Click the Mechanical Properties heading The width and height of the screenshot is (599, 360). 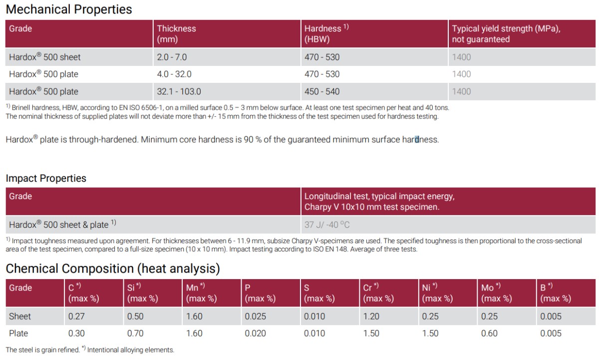click(69, 9)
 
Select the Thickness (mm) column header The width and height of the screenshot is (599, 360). click(176, 34)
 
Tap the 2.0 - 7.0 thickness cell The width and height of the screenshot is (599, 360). click(172, 57)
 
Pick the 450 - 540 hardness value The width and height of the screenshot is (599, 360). click(321, 91)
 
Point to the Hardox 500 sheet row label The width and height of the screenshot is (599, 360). click(44, 57)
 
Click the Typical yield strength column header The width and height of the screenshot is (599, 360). click(506, 34)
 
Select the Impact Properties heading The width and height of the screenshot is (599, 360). click(46, 178)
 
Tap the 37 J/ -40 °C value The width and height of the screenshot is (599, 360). click(327, 225)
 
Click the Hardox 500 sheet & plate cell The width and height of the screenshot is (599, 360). click(62, 225)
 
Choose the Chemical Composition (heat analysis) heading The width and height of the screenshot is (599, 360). click(113, 269)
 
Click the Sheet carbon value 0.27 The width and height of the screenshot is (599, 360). click(76, 316)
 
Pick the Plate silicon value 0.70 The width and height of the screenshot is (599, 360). click(135, 333)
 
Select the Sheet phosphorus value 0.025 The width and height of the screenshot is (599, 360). click(255, 316)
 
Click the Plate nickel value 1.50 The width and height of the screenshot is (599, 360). click(430, 333)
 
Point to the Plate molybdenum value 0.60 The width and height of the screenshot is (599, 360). click(489, 333)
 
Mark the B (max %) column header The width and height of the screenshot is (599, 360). click(555, 293)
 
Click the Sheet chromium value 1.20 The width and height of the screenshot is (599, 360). click(371, 316)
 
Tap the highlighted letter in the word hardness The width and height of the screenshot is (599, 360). click(417, 140)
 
